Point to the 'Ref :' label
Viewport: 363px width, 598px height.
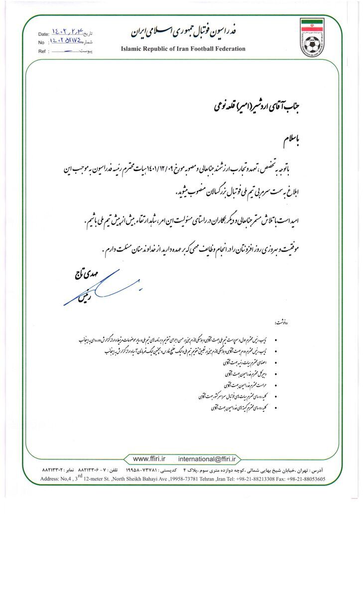click(x=43, y=51)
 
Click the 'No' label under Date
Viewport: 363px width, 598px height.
click(x=41, y=42)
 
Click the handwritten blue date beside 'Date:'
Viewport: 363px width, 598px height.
click(x=66, y=33)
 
